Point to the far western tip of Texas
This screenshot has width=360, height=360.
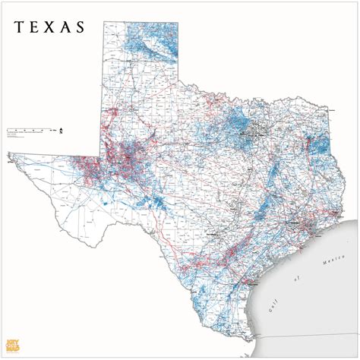(x=10, y=160)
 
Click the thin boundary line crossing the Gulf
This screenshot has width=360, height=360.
(x=334, y=235)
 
